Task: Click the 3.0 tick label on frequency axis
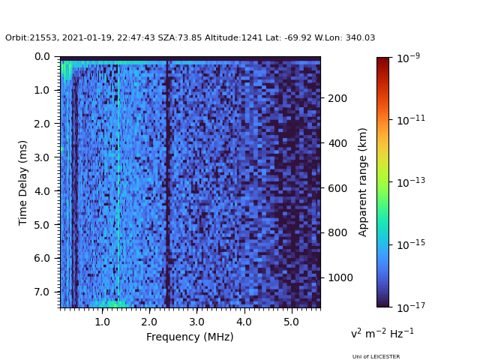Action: (x=196, y=322)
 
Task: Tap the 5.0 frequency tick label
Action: (x=290, y=322)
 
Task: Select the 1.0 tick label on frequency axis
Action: (x=102, y=322)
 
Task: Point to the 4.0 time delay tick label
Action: (x=42, y=191)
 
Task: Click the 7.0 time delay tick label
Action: (x=42, y=292)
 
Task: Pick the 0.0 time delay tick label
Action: (x=42, y=57)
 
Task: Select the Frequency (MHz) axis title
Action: (x=190, y=337)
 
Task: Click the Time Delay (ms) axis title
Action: (x=23, y=182)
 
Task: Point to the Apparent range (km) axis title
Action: (x=363, y=182)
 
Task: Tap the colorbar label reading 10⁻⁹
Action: (x=409, y=58)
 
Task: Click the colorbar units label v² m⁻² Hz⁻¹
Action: (x=382, y=333)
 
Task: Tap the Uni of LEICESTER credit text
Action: (x=376, y=357)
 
